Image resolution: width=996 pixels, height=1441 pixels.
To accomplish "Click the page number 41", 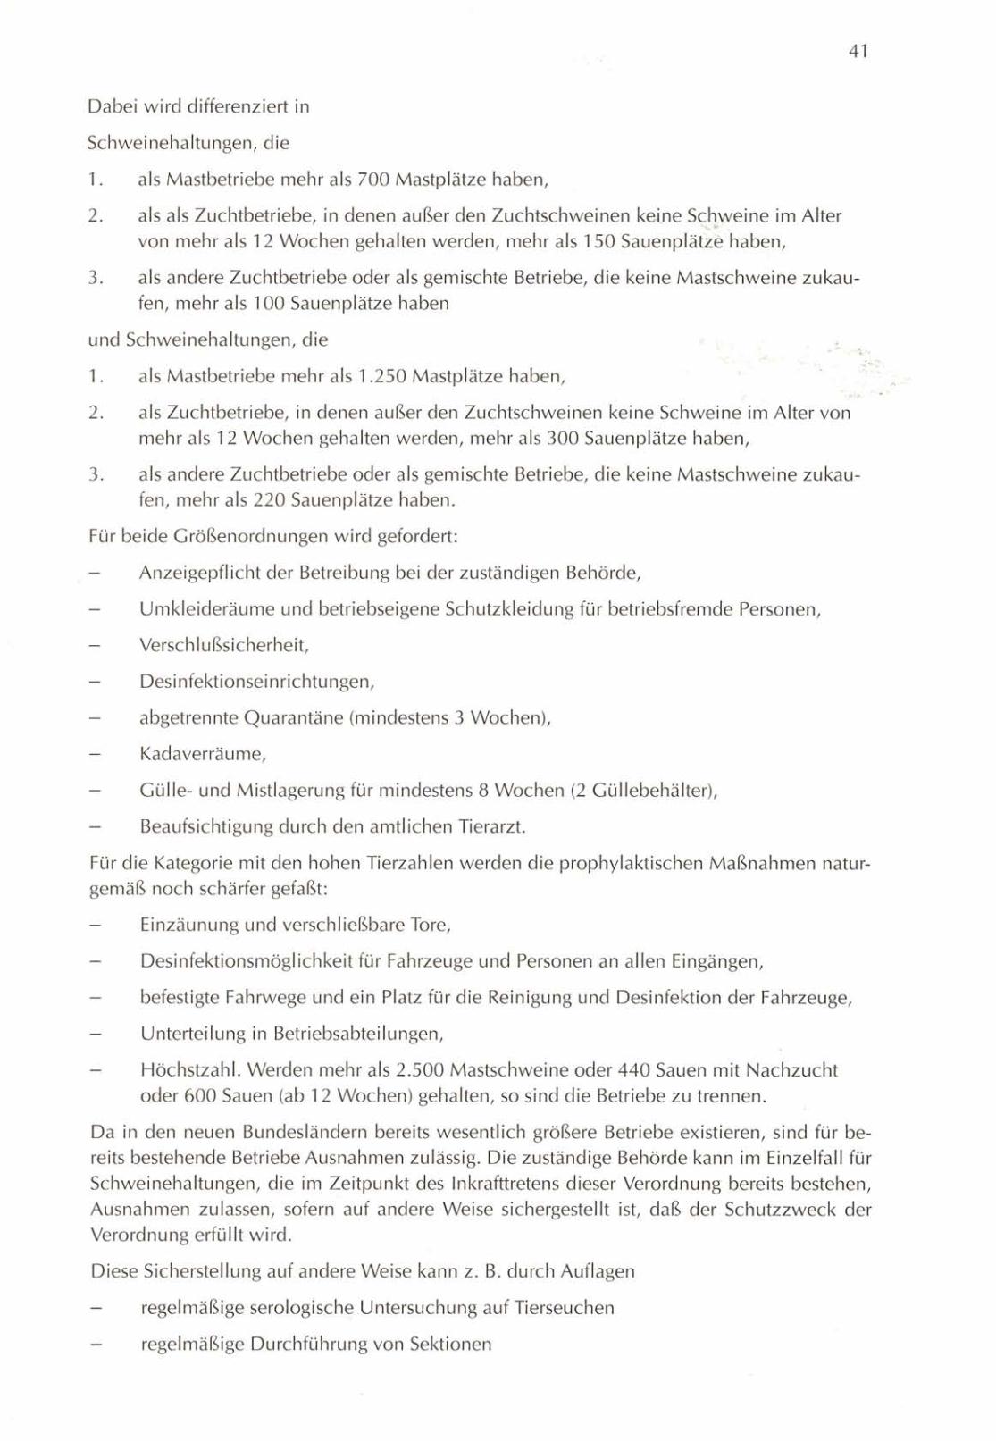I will pos(858,52).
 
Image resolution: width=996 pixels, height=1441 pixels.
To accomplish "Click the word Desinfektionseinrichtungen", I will pos(255,682).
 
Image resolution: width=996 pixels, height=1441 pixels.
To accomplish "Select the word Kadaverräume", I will pos(202,754).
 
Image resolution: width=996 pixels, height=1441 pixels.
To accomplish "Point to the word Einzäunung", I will pos(183,925).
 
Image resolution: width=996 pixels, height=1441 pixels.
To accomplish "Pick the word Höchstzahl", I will pos(188,1069).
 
